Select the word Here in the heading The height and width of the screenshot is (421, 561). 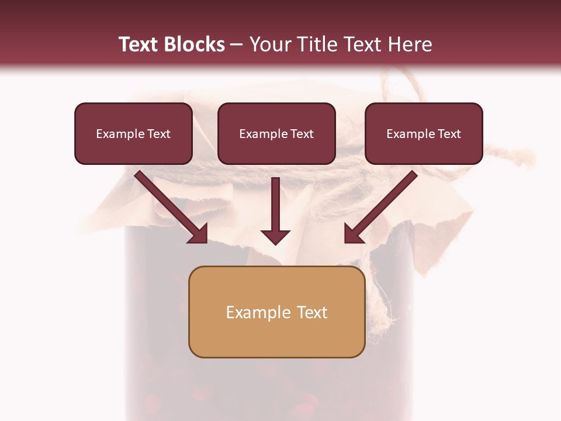[x=410, y=44]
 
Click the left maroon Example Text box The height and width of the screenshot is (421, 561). [x=133, y=134]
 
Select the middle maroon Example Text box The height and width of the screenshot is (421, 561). [x=276, y=134]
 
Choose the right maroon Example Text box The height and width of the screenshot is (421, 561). [x=424, y=134]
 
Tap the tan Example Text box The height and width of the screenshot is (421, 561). [x=277, y=312]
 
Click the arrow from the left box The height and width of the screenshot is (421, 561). [x=169, y=205]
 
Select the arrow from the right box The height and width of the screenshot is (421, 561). [x=383, y=205]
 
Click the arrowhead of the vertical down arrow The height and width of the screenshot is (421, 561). [x=276, y=237]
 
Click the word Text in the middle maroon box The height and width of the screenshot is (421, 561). [x=302, y=134]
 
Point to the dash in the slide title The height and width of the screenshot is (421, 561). [x=237, y=44]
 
